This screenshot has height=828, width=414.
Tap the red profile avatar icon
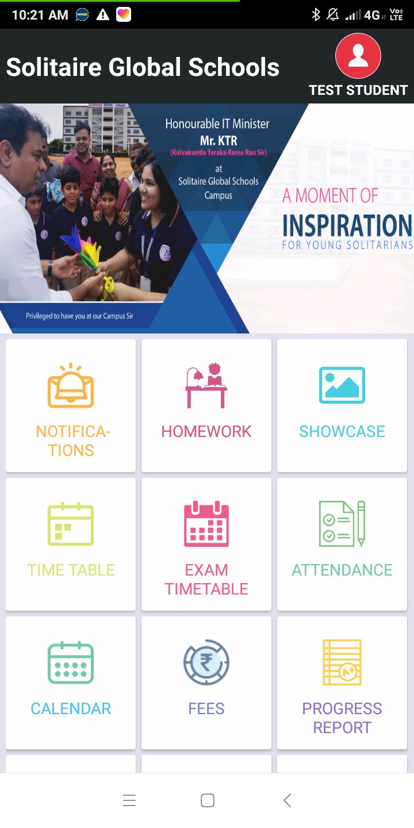(358, 56)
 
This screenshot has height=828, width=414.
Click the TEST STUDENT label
(358, 90)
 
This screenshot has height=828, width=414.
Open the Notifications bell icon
(71, 385)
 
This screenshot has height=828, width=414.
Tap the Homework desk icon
(206, 385)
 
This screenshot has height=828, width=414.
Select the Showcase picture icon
(342, 385)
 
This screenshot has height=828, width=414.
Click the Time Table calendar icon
(71, 524)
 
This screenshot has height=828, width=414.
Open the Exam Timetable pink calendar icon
(206, 524)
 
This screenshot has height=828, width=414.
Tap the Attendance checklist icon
(342, 524)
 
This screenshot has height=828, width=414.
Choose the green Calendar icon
(71, 662)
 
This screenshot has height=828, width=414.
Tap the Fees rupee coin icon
(206, 662)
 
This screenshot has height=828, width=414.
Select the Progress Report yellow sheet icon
(342, 662)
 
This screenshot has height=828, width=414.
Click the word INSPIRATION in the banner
(347, 225)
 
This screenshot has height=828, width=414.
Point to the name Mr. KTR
(218, 140)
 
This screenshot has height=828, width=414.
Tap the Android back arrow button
(287, 800)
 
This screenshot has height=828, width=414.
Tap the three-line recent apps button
(129, 800)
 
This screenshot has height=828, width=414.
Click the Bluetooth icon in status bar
(316, 15)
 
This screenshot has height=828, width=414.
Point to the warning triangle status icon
(103, 15)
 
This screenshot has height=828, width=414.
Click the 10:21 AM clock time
(40, 15)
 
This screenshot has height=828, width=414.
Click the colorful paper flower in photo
(81, 244)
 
